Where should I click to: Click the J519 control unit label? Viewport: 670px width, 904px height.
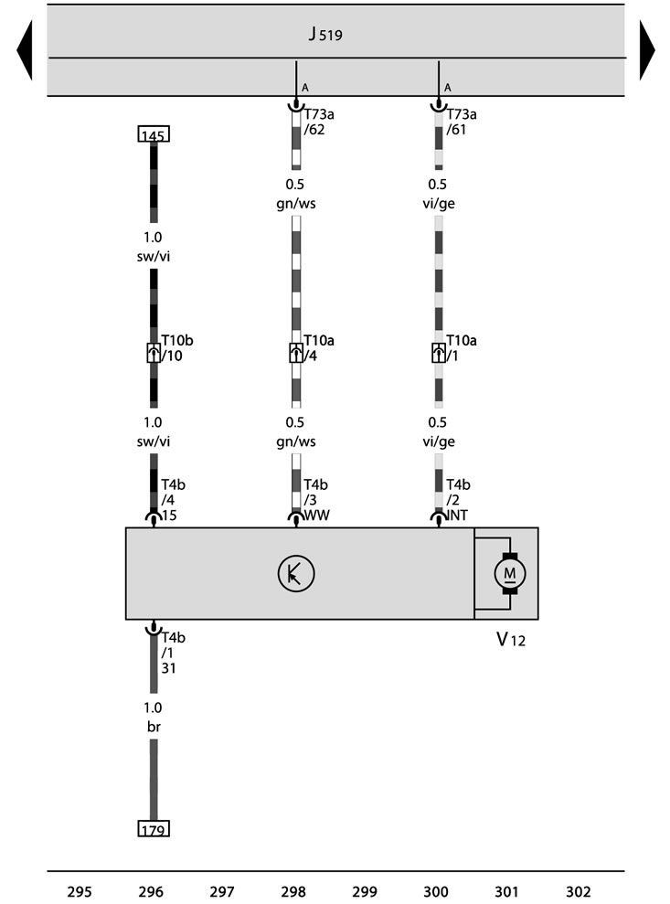(x=325, y=34)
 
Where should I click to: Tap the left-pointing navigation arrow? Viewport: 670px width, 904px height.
(x=25, y=49)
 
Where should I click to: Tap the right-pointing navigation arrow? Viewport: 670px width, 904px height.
(x=647, y=49)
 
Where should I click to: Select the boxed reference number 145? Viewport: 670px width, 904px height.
(x=154, y=134)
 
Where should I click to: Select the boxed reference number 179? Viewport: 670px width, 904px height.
(x=154, y=828)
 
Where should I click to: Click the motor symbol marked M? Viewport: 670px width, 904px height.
(x=510, y=573)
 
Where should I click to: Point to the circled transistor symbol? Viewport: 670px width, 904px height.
(x=296, y=574)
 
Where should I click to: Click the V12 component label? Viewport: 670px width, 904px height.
(x=511, y=639)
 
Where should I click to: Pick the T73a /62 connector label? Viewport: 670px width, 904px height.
(x=319, y=122)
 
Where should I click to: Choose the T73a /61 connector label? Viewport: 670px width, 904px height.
(x=462, y=122)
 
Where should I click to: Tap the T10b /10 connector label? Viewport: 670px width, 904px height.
(x=177, y=348)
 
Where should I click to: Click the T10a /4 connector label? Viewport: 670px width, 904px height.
(x=319, y=348)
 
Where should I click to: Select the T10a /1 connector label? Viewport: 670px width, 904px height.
(x=462, y=348)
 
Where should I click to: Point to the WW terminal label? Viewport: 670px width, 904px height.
(x=316, y=515)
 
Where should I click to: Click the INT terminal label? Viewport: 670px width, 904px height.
(x=457, y=515)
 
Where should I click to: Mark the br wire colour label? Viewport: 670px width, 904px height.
(x=154, y=727)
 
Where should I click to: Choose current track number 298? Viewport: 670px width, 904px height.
(x=293, y=892)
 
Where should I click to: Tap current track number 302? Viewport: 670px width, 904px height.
(x=579, y=892)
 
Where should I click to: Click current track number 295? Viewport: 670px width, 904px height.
(x=80, y=892)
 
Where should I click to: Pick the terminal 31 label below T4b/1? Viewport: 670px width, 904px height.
(x=168, y=668)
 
